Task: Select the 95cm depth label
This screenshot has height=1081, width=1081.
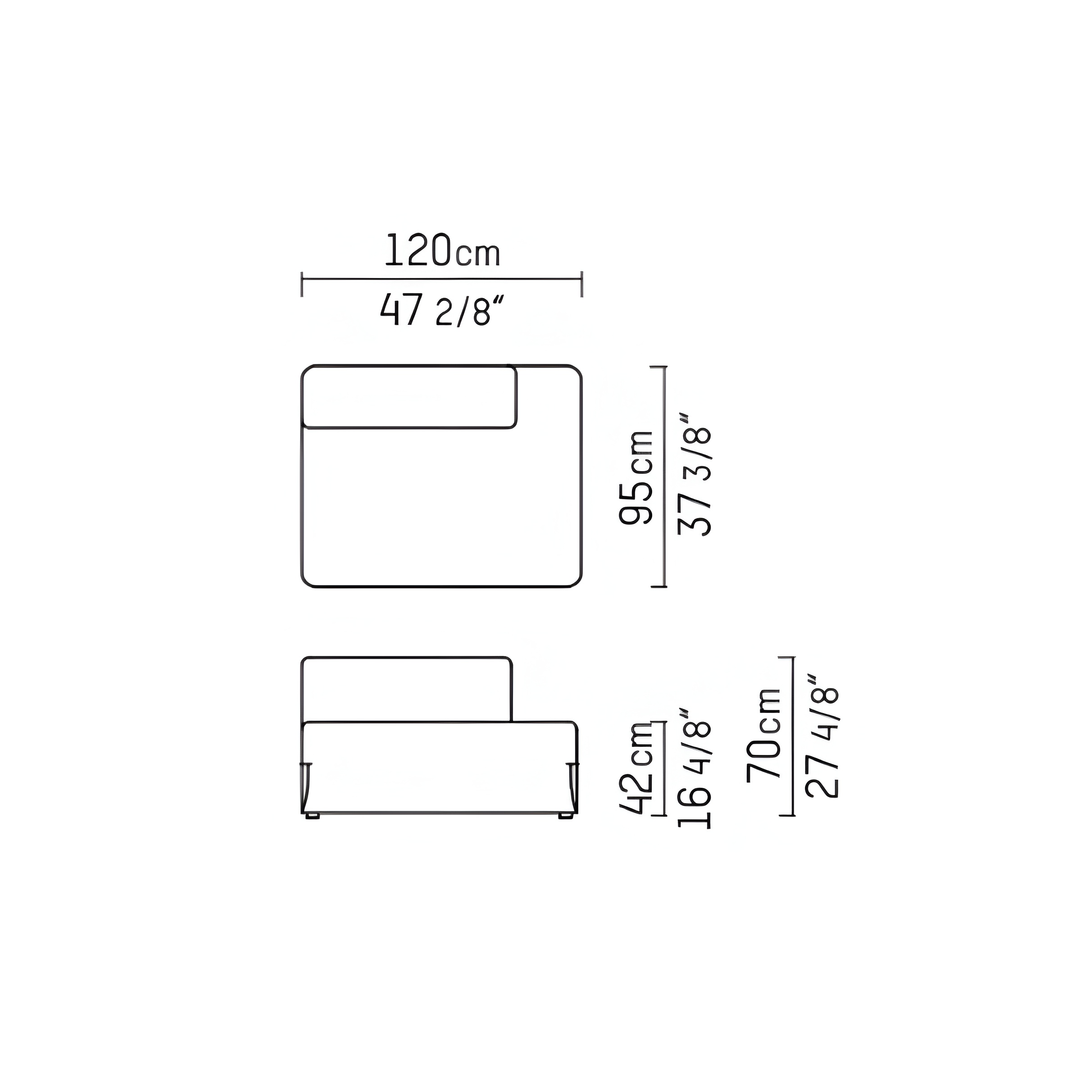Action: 636,477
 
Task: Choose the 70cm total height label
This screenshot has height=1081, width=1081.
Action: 764,734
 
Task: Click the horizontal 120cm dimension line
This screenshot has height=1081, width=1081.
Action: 442,279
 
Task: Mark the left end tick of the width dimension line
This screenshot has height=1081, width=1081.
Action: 302,284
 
